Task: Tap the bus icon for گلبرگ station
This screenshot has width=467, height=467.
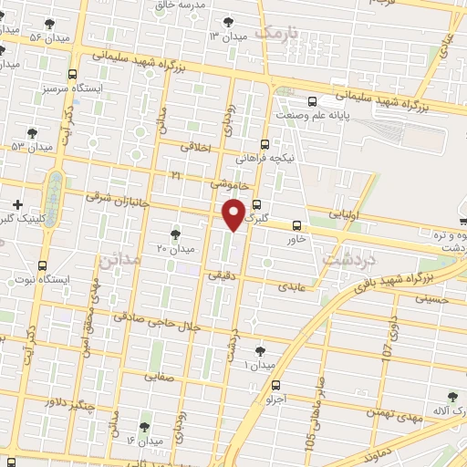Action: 256,204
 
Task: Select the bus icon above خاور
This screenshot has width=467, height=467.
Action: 296,225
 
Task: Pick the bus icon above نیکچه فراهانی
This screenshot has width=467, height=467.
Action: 265,143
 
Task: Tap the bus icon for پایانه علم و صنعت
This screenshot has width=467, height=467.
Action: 312,101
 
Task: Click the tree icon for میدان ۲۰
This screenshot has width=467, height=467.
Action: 175,234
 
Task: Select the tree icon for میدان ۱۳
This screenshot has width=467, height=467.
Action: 227,23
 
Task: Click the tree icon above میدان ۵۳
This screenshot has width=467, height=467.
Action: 33,133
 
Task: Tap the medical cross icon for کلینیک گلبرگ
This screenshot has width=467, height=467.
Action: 16,203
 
